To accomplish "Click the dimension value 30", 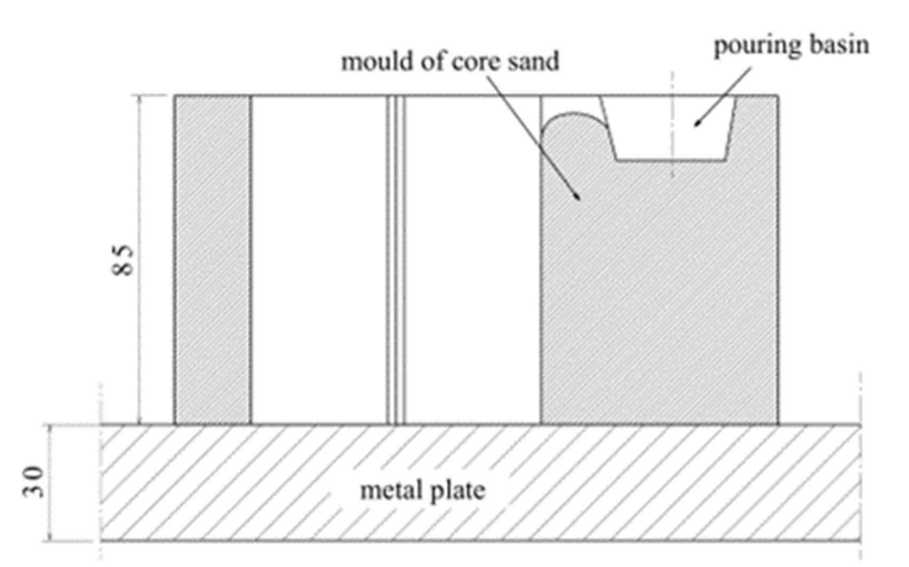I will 33,482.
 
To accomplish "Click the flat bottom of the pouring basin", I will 671,160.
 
